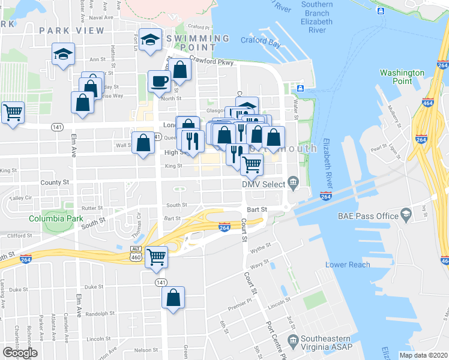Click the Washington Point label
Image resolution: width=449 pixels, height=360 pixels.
(402, 77)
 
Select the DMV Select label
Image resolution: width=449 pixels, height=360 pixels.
(263, 184)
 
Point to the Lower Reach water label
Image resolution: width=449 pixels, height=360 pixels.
(348, 265)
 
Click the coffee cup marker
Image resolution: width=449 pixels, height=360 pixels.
(159, 80)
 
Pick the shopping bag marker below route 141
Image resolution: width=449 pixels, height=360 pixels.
(173, 297)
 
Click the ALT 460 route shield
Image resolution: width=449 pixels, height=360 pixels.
(136, 253)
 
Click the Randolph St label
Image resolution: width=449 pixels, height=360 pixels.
(100, 314)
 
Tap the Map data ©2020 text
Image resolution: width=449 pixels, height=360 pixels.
(423, 355)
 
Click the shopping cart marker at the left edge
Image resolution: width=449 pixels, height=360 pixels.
(13, 112)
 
